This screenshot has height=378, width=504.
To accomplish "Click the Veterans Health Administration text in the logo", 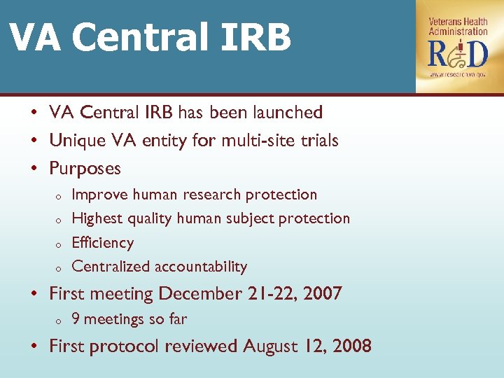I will pyautogui.click(x=458, y=26).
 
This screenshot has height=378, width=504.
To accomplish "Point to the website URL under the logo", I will pyautogui.click(x=458, y=73).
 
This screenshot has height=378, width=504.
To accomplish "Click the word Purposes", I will pyautogui.click(x=85, y=169).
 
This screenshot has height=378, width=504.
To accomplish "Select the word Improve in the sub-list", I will pyautogui.click(x=100, y=195).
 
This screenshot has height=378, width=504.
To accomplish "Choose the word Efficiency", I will pyautogui.click(x=102, y=243).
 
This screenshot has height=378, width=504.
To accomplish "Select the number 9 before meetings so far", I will pyautogui.click(x=76, y=319).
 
